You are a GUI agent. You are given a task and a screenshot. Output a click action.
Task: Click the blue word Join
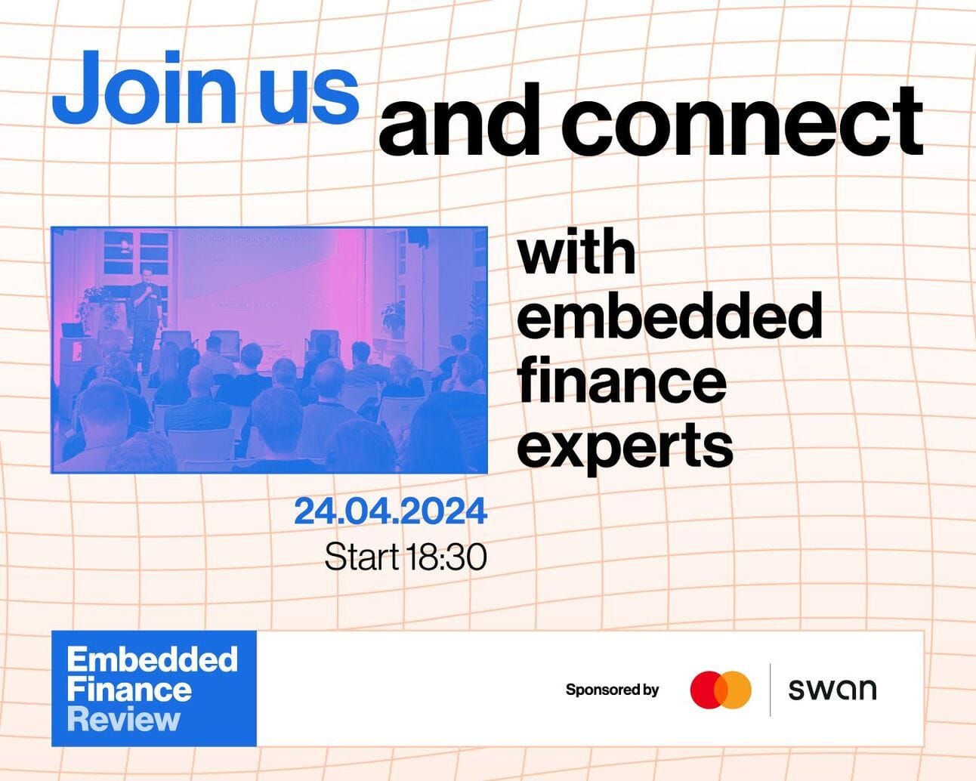tap(144, 87)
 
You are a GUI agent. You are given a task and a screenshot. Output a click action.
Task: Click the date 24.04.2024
tap(391, 511)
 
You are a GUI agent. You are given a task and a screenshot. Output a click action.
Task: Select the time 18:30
tap(446, 557)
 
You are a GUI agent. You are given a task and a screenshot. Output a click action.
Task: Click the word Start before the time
tap(361, 557)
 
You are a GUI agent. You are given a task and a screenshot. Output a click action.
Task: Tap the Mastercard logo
tap(721, 690)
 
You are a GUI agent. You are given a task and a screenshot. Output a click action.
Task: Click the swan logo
tap(832, 690)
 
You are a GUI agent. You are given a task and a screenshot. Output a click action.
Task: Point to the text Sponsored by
tap(613, 690)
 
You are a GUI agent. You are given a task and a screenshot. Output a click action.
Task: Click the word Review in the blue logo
tap(124, 721)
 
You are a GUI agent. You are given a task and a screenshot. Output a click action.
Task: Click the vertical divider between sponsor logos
tap(770, 690)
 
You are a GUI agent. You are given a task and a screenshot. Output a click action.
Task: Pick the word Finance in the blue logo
tap(129, 690)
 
